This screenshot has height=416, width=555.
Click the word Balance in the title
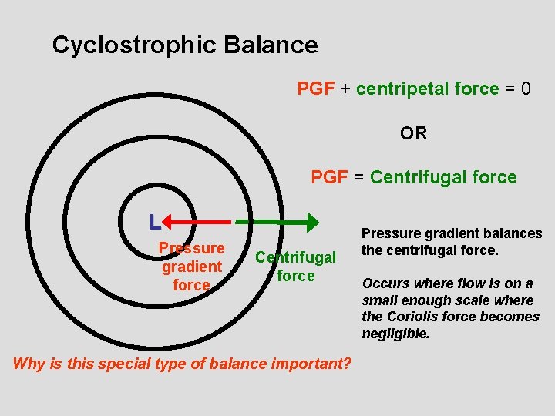(x=271, y=45)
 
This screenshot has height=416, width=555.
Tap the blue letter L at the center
(x=155, y=223)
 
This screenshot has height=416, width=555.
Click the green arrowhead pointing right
(x=310, y=223)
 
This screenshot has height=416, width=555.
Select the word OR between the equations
(x=413, y=133)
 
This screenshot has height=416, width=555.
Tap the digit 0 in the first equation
(x=526, y=89)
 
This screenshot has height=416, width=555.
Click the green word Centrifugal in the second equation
(x=419, y=177)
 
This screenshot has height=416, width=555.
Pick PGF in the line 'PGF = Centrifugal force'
(x=329, y=177)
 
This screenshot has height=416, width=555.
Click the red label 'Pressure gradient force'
(x=191, y=267)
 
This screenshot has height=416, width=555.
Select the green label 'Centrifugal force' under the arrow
(x=296, y=266)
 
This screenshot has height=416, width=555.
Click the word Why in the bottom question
(x=29, y=364)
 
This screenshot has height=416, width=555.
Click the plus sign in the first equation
(x=345, y=89)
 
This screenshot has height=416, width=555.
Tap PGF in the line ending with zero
(x=315, y=89)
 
